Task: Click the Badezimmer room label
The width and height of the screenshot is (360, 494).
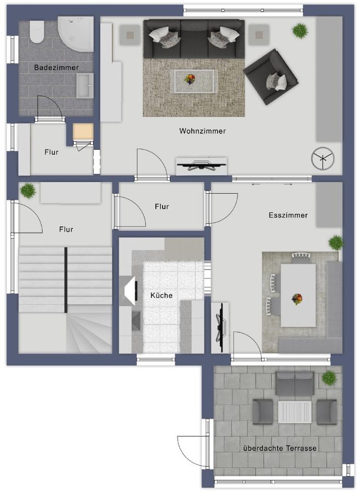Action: pos(56,68)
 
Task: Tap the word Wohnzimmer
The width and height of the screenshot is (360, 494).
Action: pos(202,131)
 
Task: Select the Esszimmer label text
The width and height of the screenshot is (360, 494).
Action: pos(288,215)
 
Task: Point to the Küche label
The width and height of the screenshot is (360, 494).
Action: pos(161,295)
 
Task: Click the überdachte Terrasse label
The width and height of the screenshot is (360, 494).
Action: pos(279,448)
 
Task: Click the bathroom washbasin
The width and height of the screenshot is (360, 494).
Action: pos(84,86)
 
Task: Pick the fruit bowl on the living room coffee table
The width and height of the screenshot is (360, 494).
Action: pos(190,80)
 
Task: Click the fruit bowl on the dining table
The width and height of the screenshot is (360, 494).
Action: pos(297,299)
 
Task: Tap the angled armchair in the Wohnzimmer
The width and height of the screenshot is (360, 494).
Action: pos(271,77)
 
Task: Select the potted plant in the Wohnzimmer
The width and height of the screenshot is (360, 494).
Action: pos(300,31)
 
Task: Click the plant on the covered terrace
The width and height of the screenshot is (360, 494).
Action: pos(329,378)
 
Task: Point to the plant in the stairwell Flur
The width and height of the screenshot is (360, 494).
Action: pos(27,190)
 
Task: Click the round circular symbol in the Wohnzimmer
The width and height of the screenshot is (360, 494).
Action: pos(322,160)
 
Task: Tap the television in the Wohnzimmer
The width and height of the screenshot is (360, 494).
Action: pos(201,165)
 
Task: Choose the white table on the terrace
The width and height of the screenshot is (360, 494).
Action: pos(295,412)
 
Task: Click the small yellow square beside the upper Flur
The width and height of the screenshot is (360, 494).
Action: pos(83,132)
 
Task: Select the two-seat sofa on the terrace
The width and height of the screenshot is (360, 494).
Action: pos(295,383)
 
